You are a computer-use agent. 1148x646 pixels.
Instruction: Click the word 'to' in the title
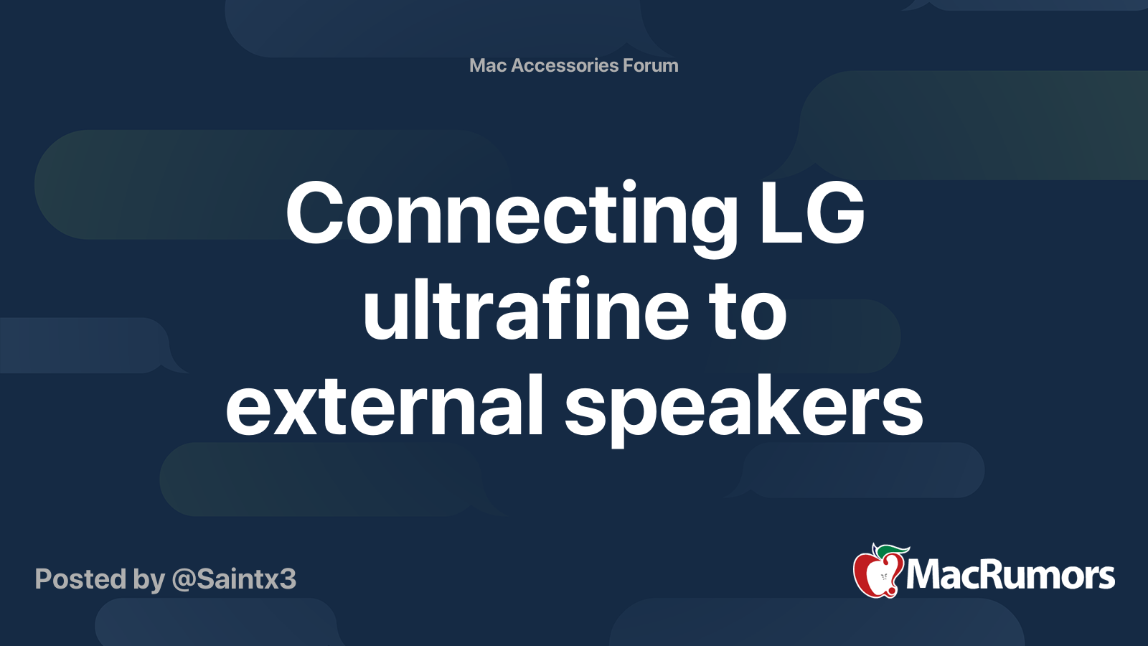click(x=749, y=313)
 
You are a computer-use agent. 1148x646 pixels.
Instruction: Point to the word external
click(x=384, y=405)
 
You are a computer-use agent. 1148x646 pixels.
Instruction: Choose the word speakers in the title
click(x=743, y=409)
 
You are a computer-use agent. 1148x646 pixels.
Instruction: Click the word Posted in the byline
click(x=80, y=579)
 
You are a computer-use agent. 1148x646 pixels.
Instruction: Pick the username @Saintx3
click(x=234, y=579)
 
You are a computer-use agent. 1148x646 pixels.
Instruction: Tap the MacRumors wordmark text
click(x=1010, y=575)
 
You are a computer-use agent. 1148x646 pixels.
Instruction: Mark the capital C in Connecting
click(x=314, y=212)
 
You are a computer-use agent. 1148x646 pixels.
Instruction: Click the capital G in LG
click(x=835, y=212)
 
